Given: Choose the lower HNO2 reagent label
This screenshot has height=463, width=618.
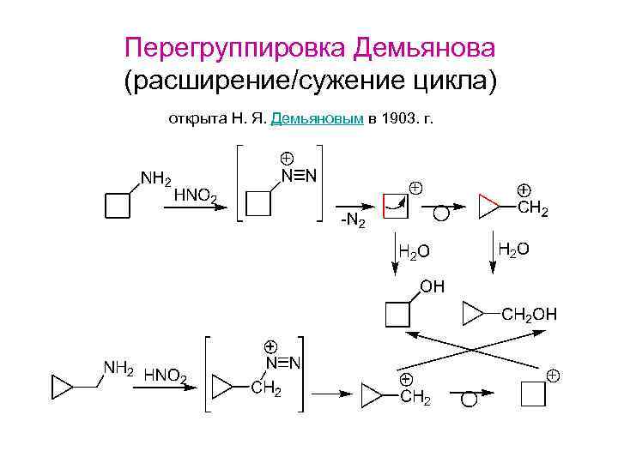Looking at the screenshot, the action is pos(166,375).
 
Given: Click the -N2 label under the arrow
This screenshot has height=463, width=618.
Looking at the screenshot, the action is pos(353,222).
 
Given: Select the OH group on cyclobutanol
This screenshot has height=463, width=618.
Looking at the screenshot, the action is pos(431,287).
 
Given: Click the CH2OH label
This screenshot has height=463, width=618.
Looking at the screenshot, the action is pos(530,315).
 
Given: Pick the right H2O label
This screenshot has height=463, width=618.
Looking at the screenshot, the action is pos(513,249).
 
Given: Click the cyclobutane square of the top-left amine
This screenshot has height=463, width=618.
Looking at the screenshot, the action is pos(117,206).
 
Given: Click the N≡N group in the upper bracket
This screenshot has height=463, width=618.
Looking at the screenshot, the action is pos(299,177).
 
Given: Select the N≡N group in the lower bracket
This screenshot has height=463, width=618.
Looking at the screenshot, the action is pos(282,364).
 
